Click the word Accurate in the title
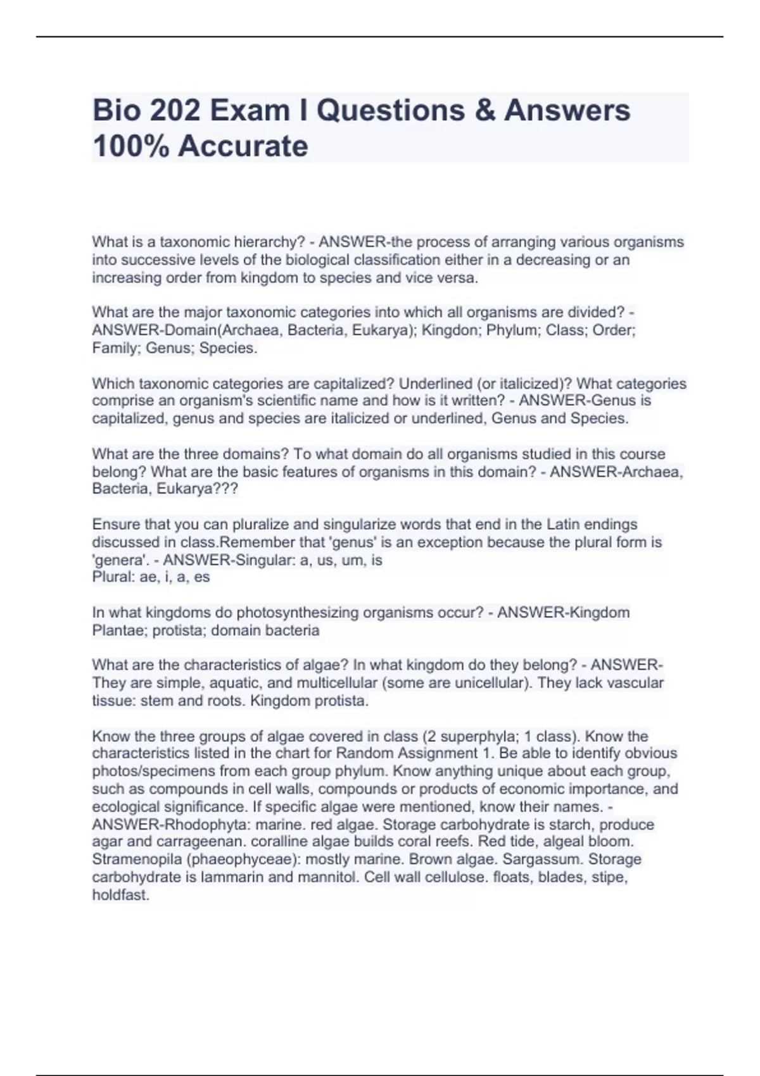tap(243, 146)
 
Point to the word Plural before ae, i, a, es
tap(111, 577)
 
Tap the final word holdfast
tap(120, 895)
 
